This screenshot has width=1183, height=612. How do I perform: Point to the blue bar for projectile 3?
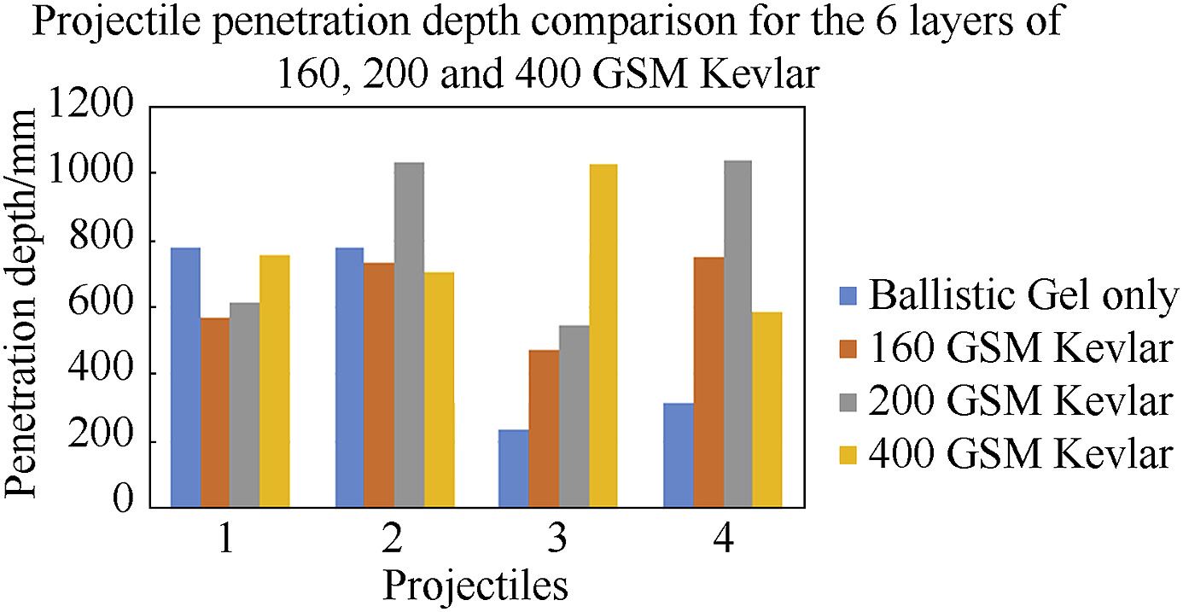point(514,469)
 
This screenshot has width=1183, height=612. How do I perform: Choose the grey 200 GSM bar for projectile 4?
point(737,334)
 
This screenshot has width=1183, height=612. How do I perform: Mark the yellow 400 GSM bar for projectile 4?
point(767,410)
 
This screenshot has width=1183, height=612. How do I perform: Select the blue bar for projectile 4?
point(678,455)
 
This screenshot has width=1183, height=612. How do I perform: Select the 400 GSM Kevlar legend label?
point(1021,454)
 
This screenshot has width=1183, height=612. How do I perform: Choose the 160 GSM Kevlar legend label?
point(1021,349)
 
